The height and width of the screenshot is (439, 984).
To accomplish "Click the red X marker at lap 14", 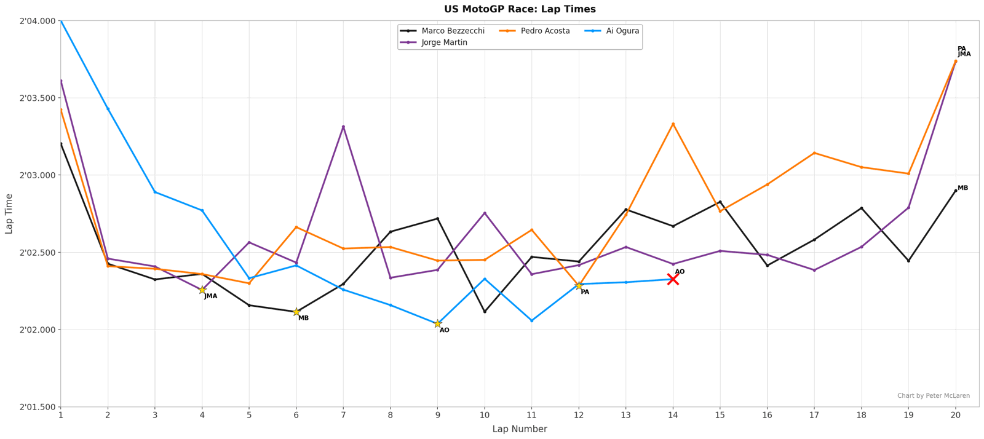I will [673, 279].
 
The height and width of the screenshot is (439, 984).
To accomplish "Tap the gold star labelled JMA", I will [202, 290].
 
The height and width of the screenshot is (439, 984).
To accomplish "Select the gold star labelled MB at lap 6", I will [296, 312].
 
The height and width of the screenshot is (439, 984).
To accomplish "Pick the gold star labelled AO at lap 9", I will [437, 324].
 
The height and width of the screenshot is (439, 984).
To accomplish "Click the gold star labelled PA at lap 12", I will [579, 286].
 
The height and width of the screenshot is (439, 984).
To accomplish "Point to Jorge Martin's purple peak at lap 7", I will [343, 127].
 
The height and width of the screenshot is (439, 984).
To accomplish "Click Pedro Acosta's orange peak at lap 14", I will [673, 124].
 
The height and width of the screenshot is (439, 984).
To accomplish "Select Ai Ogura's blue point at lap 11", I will [531, 321].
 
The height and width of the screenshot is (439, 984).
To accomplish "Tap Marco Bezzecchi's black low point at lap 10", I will [485, 312].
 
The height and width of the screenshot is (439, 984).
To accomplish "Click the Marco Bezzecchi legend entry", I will [443, 31].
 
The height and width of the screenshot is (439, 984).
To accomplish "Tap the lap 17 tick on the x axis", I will [814, 416].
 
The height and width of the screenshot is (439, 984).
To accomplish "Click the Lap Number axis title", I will [520, 429].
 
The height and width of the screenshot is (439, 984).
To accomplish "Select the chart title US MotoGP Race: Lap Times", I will [520, 9].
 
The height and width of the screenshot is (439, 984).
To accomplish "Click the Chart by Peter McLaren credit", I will [933, 396].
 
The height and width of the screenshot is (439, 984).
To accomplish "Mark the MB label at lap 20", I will [962, 188].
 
